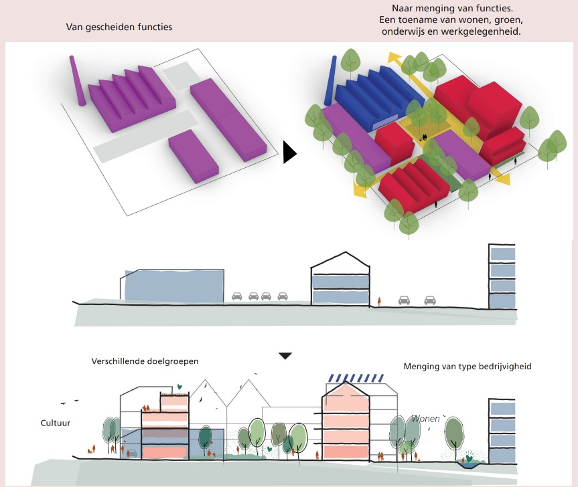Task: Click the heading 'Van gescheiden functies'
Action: (x=119, y=27)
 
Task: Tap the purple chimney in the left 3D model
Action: (x=76, y=81)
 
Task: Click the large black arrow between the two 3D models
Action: (x=289, y=152)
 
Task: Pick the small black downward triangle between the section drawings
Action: (x=285, y=356)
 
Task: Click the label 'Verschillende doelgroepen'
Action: (x=145, y=361)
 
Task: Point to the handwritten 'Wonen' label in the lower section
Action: (x=426, y=419)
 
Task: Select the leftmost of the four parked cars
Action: (x=237, y=296)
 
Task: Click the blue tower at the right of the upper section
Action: (x=503, y=277)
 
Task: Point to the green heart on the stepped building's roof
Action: (x=179, y=387)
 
